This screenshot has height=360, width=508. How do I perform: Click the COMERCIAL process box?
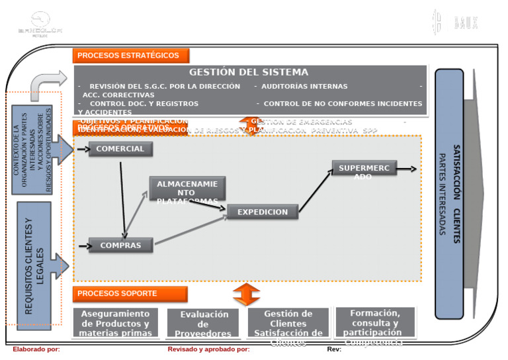point(120,149)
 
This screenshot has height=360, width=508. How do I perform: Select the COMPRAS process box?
point(120,246)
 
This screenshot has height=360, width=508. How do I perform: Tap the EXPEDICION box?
point(263,212)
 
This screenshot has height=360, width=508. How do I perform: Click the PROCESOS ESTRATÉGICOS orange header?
point(130,56)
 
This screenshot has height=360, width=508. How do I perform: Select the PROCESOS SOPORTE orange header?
point(130,293)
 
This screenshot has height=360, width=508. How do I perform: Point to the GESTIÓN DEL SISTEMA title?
point(249,72)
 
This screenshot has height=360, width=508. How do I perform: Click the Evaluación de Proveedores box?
point(202,324)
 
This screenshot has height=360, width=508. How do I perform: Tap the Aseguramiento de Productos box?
point(115,323)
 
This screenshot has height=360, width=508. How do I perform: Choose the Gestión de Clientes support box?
point(288,323)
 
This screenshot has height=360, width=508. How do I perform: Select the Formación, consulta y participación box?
point(374,322)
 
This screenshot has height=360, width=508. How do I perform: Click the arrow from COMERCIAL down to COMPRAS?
point(122,197)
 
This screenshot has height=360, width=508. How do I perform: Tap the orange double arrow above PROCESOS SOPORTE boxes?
point(247,294)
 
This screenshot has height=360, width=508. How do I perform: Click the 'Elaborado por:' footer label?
point(36,349)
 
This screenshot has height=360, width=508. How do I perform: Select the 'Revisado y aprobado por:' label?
point(208,349)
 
